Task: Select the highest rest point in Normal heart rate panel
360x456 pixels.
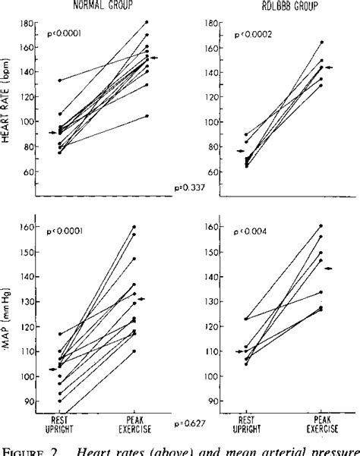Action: point(59,80)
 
